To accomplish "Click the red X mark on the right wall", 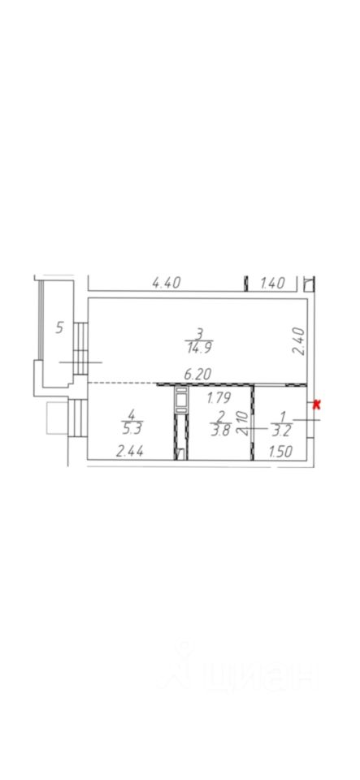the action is coord(316,405).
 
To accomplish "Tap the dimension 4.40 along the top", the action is coord(166,284).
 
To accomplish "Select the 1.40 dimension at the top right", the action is coord(272,284).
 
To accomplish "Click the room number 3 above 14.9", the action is coord(199,333).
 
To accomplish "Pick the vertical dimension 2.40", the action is coord(297,340).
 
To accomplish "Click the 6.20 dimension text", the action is coord(197,375).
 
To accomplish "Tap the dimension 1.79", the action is coord(218,398).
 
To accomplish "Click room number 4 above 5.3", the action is coord(132,414).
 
